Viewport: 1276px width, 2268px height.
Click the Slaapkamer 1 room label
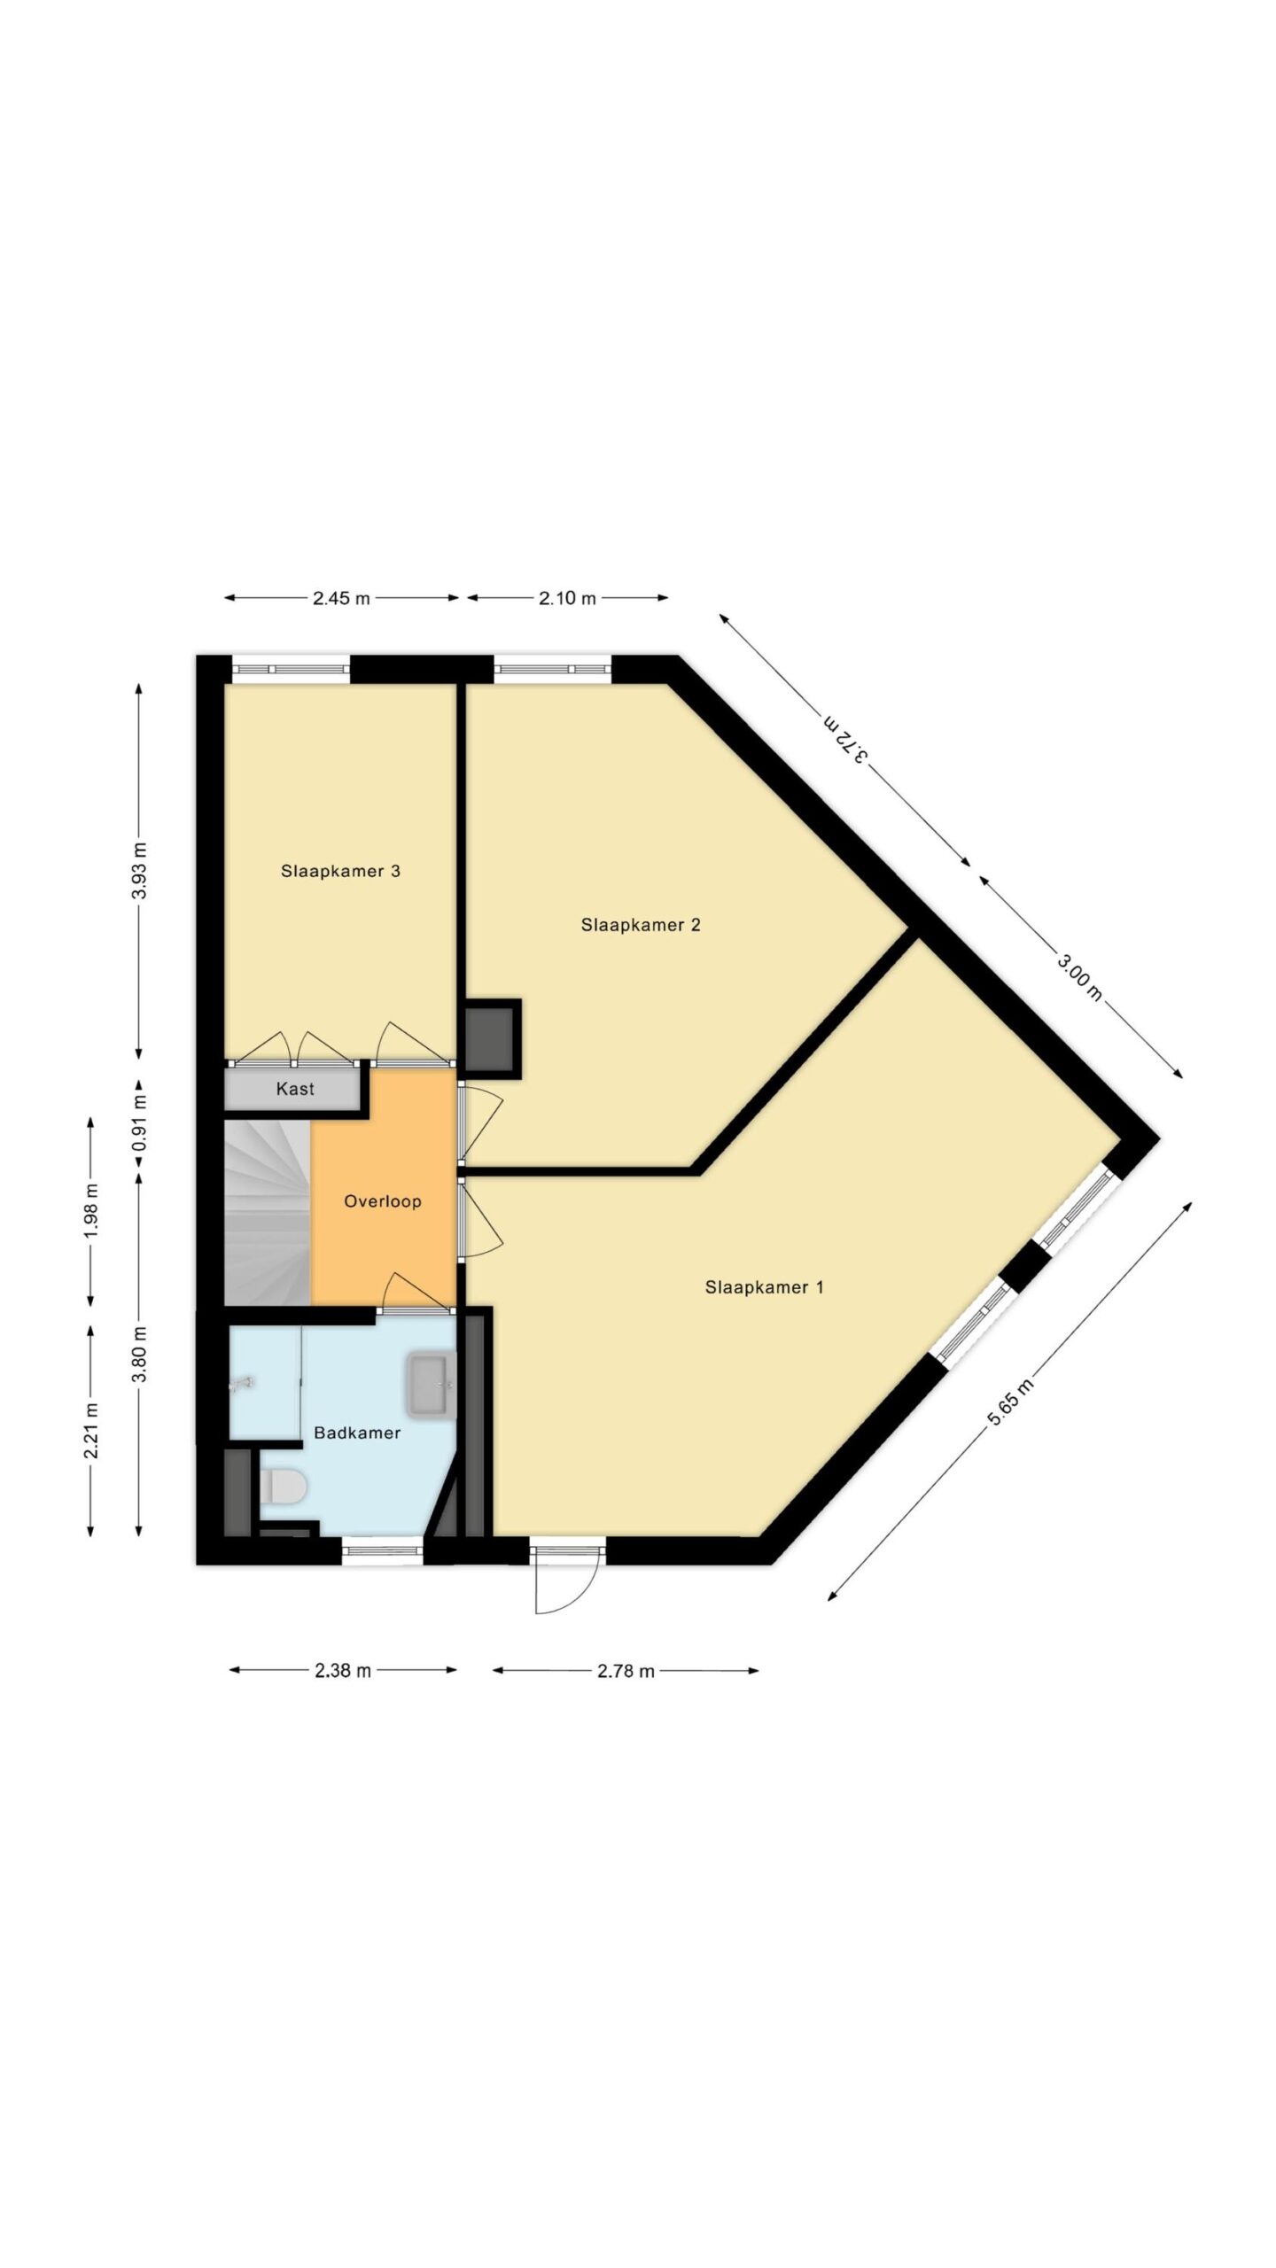[x=764, y=1287]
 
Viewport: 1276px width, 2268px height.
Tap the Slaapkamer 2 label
[x=641, y=925]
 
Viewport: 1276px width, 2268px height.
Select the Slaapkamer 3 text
[x=340, y=871]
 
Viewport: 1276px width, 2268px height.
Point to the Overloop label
[x=382, y=1201]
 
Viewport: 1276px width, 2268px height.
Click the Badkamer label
[x=357, y=1433]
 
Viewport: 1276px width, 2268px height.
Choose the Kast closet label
[x=295, y=1089]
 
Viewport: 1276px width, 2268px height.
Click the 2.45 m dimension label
[x=341, y=598]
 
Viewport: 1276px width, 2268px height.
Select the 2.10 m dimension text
[x=567, y=598]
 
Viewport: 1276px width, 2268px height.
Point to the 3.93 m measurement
[x=139, y=871]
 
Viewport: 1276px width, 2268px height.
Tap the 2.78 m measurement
[x=626, y=1672]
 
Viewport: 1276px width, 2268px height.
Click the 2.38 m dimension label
[x=342, y=1672]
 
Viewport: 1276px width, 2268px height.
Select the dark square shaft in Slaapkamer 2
[x=493, y=1038]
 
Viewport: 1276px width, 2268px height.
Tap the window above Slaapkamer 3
[x=291, y=669]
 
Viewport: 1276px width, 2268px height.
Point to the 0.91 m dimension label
[x=139, y=1124]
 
